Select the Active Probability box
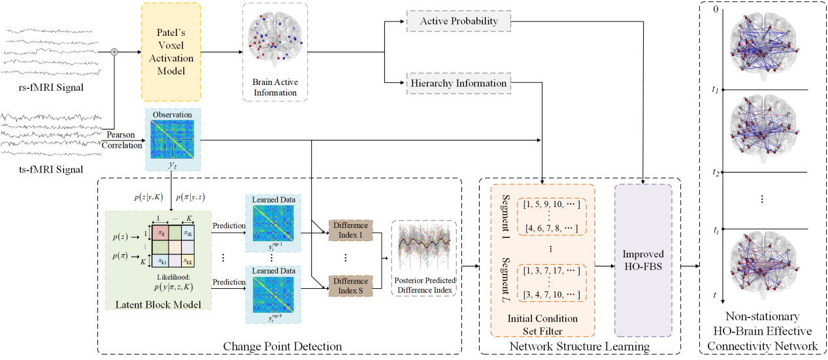458,21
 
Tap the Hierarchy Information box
458,83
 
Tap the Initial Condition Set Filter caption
542,324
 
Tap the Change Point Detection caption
282,346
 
